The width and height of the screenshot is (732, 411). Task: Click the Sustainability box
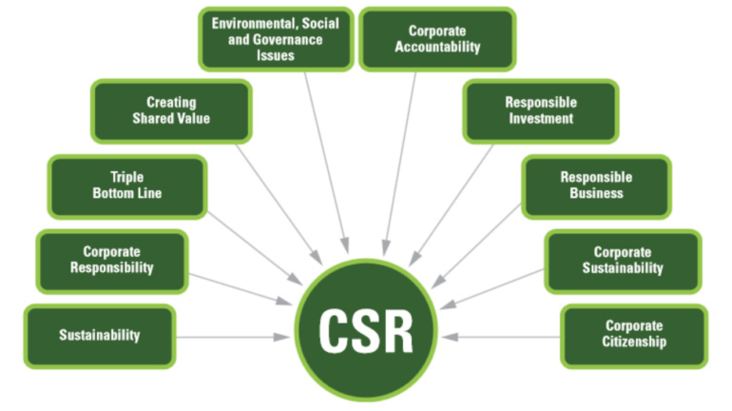click(99, 335)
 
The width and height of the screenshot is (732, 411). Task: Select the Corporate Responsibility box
click(111, 260)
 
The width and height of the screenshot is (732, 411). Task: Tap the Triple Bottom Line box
click(126, 186)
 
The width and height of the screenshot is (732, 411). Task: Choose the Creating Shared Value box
click(170, 110)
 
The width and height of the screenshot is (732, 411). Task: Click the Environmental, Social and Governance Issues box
click(275, 38)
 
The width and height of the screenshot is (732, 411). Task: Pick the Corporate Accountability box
click(437, 38)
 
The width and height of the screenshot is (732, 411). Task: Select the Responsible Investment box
click(540, 110)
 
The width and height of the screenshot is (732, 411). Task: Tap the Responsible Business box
click(596, 185)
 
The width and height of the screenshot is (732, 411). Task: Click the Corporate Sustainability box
click(622, 260)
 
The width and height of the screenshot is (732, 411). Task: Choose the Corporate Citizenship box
click(635, 334)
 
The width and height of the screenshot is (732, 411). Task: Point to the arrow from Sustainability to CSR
click(232, 336)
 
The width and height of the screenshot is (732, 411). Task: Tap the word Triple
click(126, 177)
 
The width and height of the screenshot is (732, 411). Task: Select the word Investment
click(540, 119)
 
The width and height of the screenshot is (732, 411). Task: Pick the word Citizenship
click(635, 342)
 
